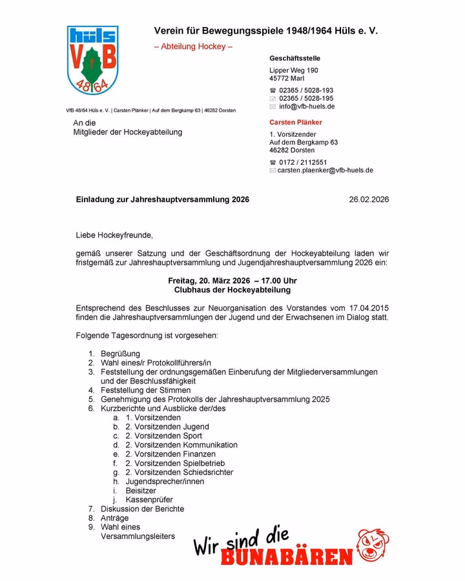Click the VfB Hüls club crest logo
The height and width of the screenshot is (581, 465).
pos(92,61)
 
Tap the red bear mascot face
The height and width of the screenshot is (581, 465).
pos(374,545)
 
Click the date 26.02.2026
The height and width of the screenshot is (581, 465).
pos(369,200)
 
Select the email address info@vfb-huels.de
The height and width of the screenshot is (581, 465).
pos(307,107)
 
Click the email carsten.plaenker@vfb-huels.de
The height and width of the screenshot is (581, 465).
pos(325,170)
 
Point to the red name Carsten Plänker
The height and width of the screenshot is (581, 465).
pos(296,122)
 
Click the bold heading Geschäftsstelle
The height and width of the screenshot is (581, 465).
pos(294,59)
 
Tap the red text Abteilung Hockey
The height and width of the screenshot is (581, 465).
pos(193,46)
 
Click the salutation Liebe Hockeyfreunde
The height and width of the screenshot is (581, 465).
pos(114,235)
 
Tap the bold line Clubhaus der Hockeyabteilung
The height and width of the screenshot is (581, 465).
pos(232,290)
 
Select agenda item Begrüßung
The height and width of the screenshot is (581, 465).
pos(120,354)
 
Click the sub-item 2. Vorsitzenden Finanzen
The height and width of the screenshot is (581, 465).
pos(170,454)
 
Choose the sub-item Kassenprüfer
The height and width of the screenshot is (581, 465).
pos(149,500)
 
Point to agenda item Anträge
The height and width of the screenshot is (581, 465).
pos(114,518)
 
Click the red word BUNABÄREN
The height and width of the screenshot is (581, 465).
pos(287,557)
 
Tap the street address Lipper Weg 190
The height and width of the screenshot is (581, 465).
pos(294,70)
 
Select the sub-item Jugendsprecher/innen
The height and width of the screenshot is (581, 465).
pos(165,482)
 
